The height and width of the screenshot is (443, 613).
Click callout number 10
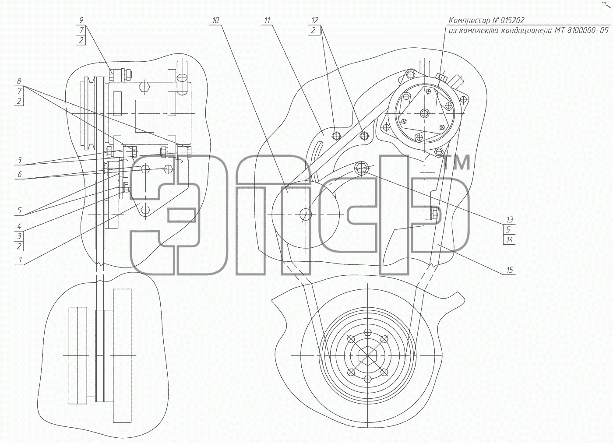215,20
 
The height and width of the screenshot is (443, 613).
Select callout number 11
268,20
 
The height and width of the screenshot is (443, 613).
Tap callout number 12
315,20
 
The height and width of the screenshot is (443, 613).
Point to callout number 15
509,270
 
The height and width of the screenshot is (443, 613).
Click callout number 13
509,219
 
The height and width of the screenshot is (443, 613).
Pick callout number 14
509,240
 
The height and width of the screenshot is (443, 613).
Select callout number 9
81,20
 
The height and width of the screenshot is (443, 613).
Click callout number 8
19,81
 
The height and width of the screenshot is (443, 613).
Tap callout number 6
19,174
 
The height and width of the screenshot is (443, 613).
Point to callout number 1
20,260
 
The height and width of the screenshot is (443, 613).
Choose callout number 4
19,226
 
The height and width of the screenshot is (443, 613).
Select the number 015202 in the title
513,21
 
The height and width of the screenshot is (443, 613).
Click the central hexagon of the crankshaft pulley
367,356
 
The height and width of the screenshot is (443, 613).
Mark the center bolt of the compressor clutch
424,113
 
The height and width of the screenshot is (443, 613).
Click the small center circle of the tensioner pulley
306,214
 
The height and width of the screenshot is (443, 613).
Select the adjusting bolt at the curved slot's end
361,168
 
